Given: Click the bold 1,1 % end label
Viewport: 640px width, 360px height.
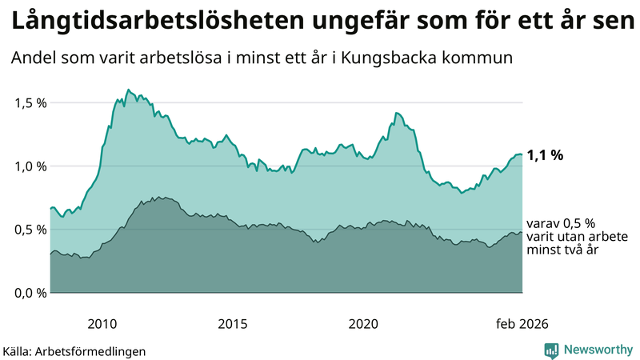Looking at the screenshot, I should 545,155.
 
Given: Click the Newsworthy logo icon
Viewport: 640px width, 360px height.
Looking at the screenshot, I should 551,350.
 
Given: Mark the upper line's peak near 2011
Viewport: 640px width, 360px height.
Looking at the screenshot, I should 128,90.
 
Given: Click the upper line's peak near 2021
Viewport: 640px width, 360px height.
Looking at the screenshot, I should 397,114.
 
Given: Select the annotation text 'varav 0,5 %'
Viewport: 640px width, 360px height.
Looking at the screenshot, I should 561,223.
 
